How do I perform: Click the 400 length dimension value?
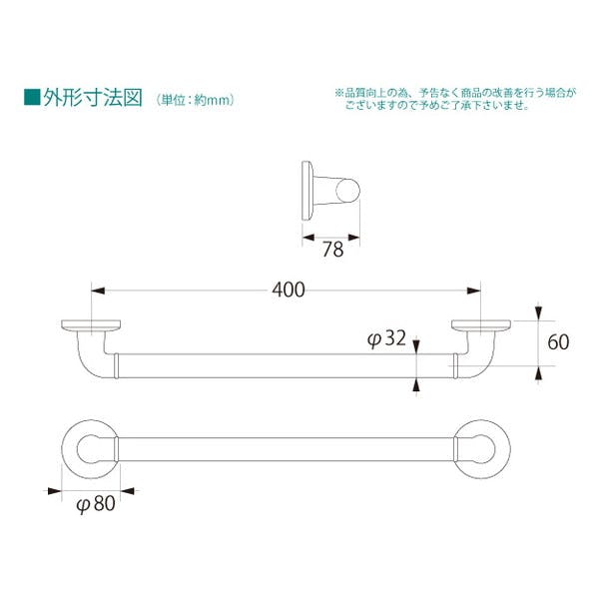pos(289,290)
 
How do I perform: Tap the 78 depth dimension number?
pos(333,250)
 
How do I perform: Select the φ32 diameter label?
pos(386,338)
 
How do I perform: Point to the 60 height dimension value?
pos(558,342)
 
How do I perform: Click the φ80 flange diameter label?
pos(96,503)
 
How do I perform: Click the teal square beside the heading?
pos(32,97)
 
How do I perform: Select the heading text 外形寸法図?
pos(93,98)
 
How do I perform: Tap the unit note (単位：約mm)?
pos(195,100)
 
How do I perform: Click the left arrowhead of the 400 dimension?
pos(98,292)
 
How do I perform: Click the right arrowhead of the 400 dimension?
pos(474,292)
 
